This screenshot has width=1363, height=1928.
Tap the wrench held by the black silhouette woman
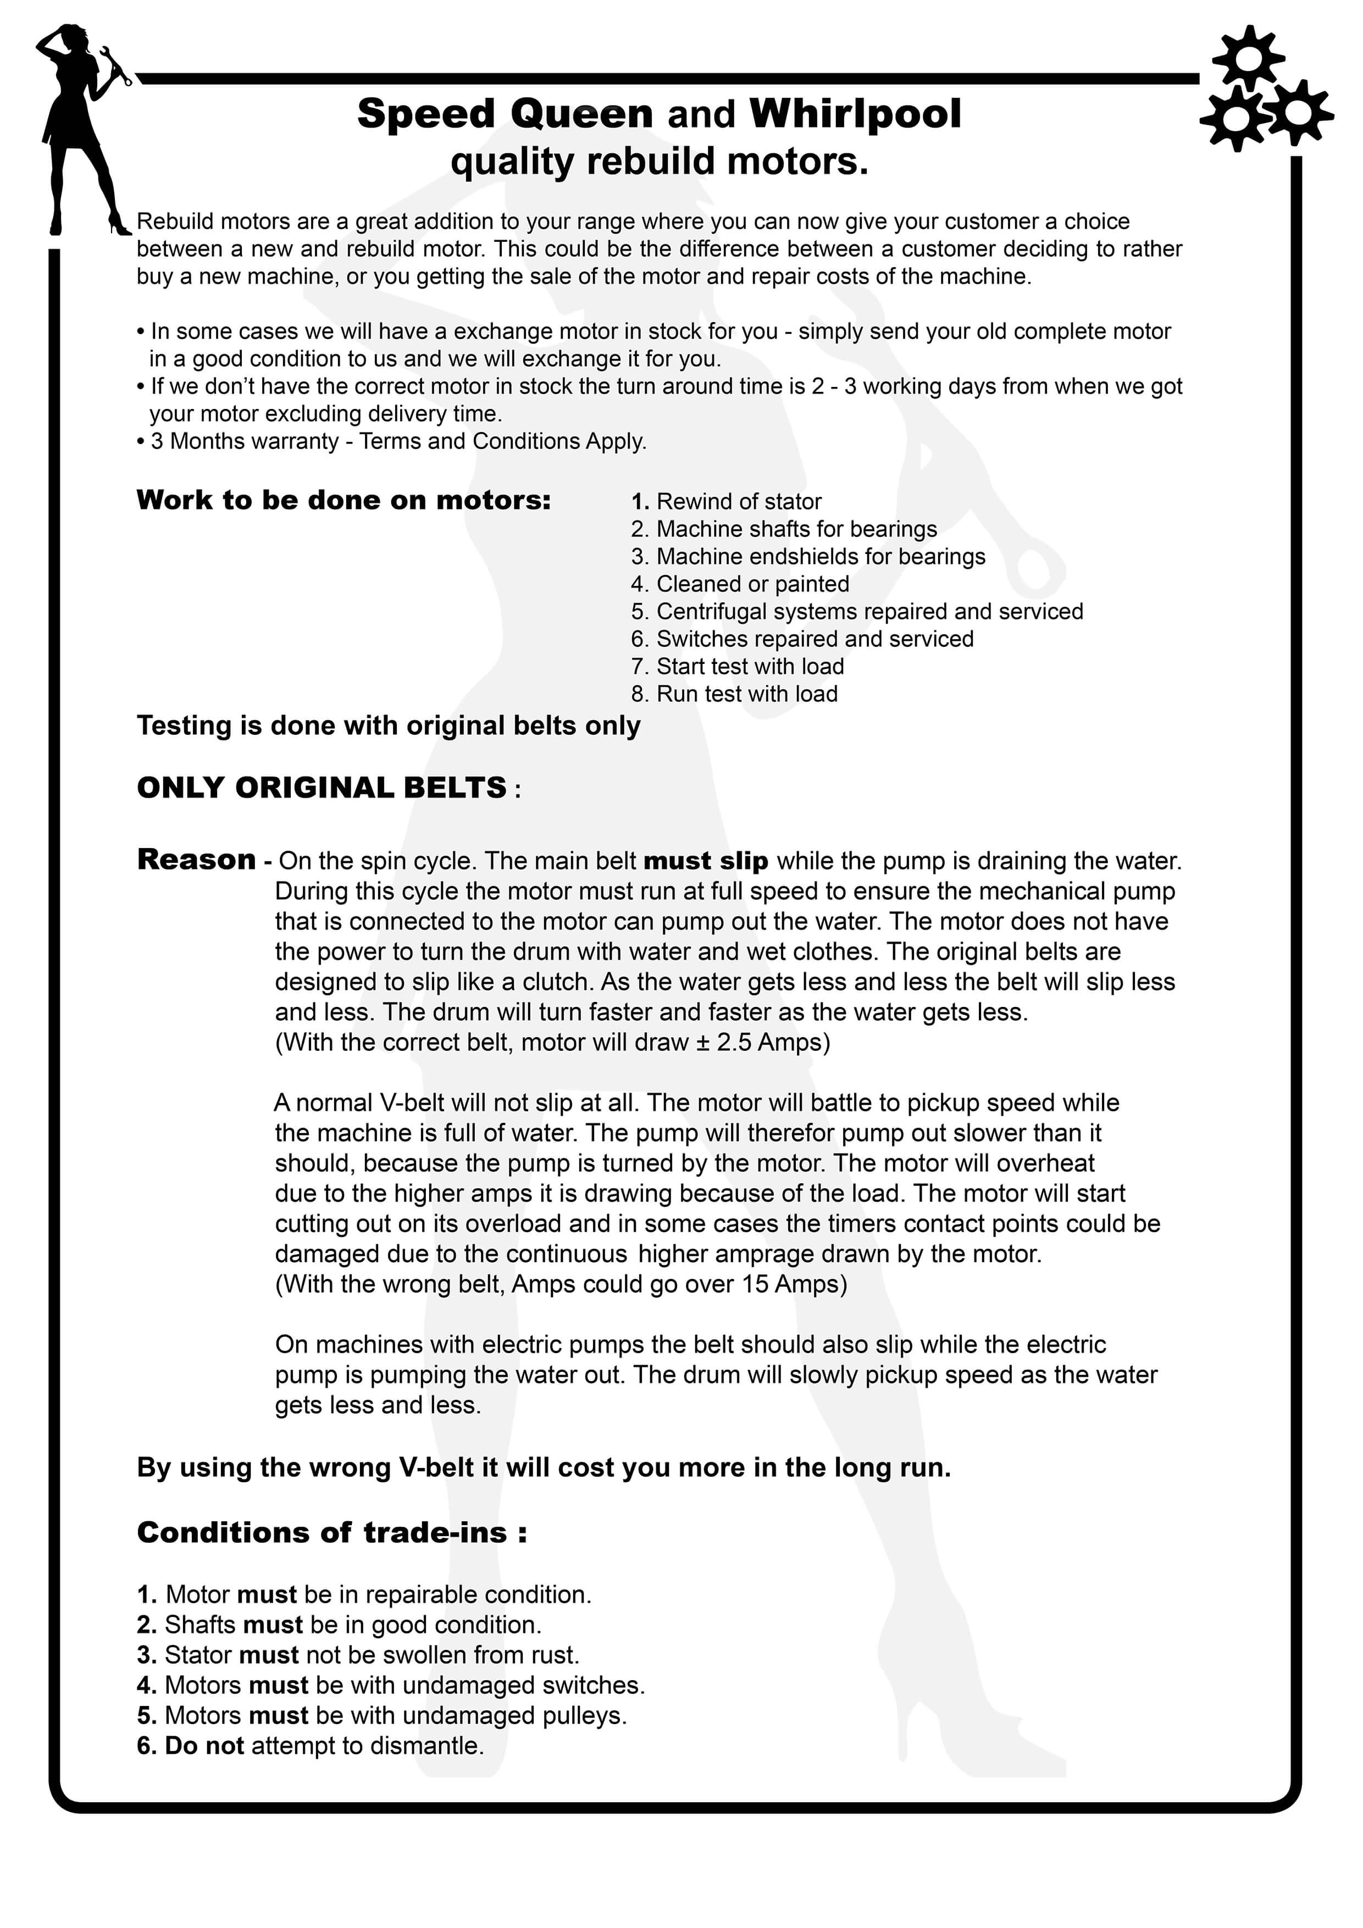[x=115, y=65]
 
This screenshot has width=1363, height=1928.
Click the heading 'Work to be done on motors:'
[x=343, y=501]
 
